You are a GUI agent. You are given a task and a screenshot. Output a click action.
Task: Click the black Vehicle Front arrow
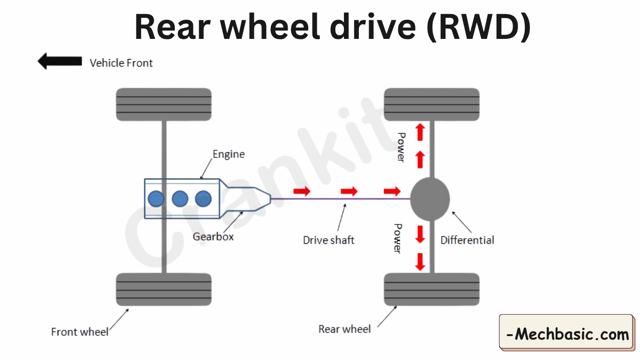tap(60, 61)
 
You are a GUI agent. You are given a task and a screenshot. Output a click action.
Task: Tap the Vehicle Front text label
tap(121, 63)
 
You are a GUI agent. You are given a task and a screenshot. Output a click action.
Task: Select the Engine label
tap(229, 154)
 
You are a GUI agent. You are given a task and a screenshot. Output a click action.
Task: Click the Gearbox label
tap(213, 237)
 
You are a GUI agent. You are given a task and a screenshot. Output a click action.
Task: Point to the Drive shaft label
tap(328, 240)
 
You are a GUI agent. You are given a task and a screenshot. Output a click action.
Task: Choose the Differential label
tap(467, 240)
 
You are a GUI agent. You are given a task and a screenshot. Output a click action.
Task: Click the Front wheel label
tap(80, 332)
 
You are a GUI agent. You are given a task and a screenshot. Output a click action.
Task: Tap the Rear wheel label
tap(344, 329)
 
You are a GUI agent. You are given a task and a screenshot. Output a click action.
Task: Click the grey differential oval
tap(430, 199)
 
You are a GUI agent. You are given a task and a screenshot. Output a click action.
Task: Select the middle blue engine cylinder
tap(180, 199)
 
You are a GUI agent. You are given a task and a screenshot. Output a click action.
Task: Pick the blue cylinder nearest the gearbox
tap(203, 199)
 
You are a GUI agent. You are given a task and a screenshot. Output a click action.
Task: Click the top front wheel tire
tap(164, 105)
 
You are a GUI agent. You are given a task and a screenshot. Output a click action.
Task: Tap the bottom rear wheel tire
tap(432, 289)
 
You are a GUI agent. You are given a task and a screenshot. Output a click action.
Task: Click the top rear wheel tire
tap(432, 105)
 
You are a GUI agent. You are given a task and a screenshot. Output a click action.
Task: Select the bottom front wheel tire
tap(164, 289)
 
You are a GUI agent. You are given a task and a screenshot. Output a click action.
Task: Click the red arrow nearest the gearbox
tap(302, 191)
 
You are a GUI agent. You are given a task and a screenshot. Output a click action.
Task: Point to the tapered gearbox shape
tap(246, 199)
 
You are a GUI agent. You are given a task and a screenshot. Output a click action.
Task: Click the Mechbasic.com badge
tap(567, 334)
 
